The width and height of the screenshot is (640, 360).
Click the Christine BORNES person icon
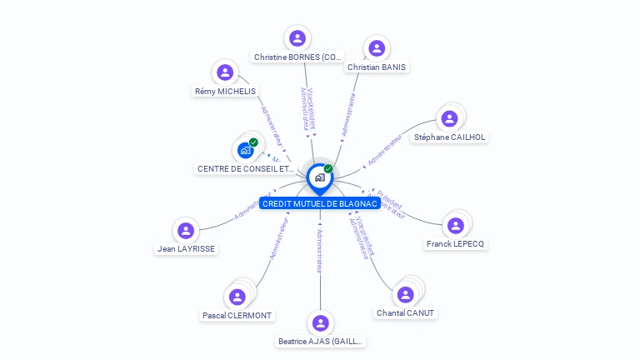[x=297, y=38]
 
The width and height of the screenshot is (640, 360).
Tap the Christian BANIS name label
[x=377, y=67]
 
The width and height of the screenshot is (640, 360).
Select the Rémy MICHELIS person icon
[x=224, y=72]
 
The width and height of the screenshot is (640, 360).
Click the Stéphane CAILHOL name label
[x=450, y=137]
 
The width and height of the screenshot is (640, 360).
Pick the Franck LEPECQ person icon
[x=455, y=225]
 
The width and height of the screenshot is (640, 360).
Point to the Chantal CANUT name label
[x=405, y=312]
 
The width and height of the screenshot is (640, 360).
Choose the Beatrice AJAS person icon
[x=321, y=322]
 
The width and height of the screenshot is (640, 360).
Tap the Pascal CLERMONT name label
[x=237, y=315]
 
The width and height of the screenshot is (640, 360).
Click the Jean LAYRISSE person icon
[x=186, y=230]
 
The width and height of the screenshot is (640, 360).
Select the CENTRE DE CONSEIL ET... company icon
[x=245, y=150]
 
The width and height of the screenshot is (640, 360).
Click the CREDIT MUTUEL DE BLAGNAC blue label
[x=320, y=203]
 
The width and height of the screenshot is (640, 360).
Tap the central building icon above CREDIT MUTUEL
[x=319, y=177]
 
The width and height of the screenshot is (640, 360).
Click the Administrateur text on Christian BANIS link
[x=348, y=114]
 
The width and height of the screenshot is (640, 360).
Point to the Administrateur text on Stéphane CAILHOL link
[x=385, y=149]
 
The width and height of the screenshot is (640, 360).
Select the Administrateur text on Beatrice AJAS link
[x=320, y=250]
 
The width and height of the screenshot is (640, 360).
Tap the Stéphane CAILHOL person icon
[x=449, y=118]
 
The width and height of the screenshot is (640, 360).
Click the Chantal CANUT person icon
[x=405, y=294]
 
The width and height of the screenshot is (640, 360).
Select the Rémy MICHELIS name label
[x=225, y=91]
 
